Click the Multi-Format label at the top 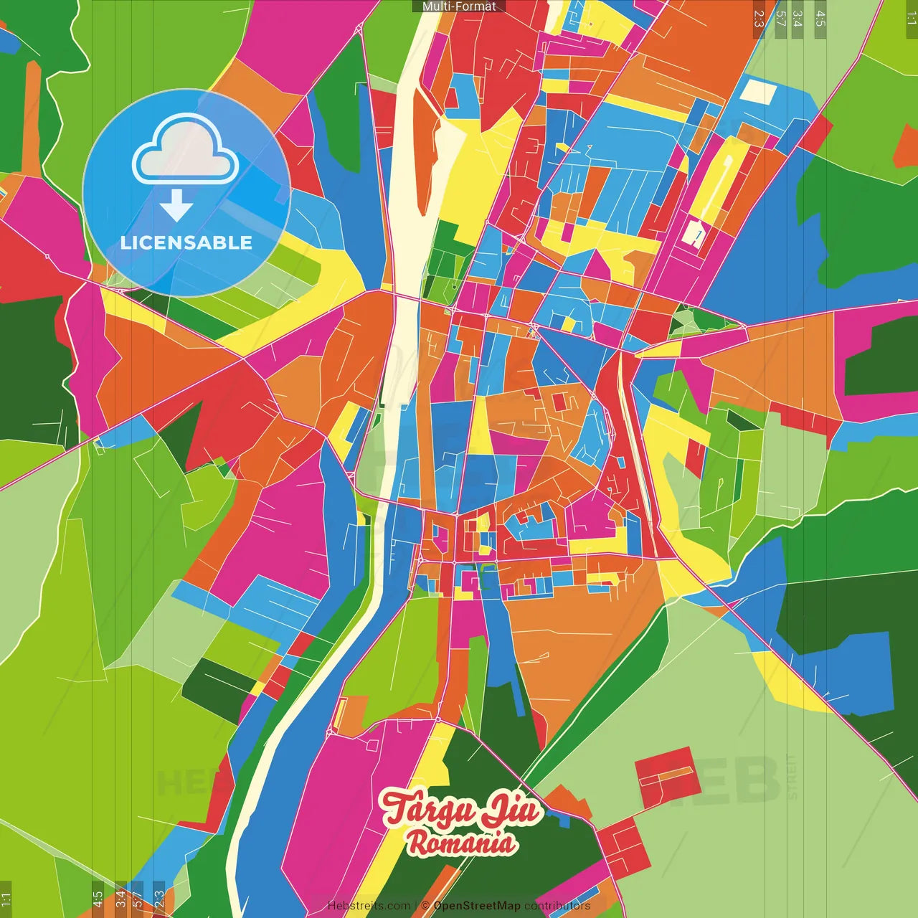459,6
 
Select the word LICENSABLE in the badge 186,242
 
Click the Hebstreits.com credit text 369,906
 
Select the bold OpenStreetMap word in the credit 477,906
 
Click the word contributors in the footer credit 557,906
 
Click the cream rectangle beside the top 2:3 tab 757,92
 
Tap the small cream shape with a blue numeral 694,233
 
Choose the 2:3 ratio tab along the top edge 759,19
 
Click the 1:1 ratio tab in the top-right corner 911,19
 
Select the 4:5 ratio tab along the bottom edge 98,898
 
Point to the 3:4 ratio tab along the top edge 798,19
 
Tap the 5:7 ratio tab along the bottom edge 137,898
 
